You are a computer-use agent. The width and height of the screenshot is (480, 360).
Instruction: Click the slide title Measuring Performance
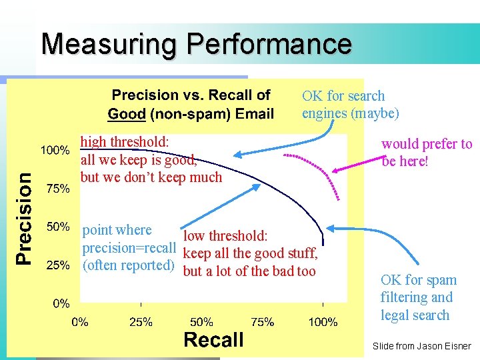click(x=196, y=45)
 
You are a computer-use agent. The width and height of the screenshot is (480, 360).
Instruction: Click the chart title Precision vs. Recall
click(x=191, y=95)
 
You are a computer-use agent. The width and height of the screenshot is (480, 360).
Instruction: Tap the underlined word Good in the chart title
click(x=126, y=113)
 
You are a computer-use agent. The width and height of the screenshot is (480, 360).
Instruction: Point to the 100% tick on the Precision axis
click(x=55, y=150)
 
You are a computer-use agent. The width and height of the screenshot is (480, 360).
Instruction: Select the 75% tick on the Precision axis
click(x=57, y=189)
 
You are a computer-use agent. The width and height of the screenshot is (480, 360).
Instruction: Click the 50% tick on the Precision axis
click(x=57, y=227)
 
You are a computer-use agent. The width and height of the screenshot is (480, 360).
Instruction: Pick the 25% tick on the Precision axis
click(x=57, y=265)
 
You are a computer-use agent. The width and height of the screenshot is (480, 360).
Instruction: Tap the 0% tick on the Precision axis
click(x=61, y=303)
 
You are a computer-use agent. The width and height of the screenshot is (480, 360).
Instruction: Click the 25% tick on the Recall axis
click(x=141, y=323)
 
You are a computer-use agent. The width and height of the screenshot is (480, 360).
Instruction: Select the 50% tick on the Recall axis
click(x=202, y=323)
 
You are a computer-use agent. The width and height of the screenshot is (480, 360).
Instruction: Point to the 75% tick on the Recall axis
click(x=262, y=323)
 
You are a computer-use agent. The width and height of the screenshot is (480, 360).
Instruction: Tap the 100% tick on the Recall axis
click(x=323, y=323)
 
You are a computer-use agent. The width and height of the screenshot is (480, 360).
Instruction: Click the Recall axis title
click(x=213, y=340)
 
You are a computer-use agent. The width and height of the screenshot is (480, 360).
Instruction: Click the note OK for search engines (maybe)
click(x=350, y=105)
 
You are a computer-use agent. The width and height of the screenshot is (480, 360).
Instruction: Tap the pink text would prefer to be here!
click(x=426, y=152)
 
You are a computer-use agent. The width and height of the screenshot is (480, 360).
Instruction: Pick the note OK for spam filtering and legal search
click(x=418, y=297)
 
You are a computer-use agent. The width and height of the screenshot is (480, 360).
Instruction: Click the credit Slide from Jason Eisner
click(x=421, y=347)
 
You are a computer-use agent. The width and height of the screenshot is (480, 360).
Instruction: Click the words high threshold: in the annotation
click(x=125, y=141)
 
